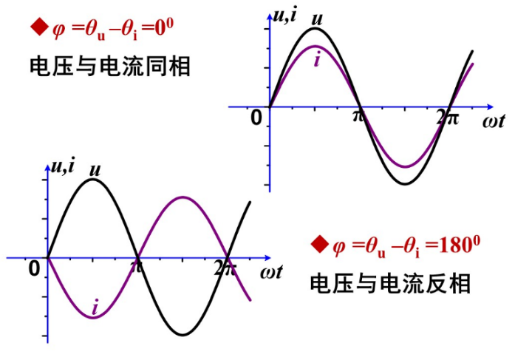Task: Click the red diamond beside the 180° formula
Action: (x=319, y=244)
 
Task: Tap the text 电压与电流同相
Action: (x=110, y=67)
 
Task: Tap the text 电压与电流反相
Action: (x=390, y=283)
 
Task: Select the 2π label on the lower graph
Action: (x=225, y=268)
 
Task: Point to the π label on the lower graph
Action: (x=137, y=267)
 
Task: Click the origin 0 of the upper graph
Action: (x=256, y=118)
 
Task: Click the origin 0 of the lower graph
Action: (x=34, y=269)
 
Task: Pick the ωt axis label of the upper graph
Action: (x=494, y=120)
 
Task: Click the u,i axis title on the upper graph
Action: (x=285, y=14)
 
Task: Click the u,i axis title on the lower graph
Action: (x=62, y=166)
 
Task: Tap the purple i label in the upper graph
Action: (x=317, y=60)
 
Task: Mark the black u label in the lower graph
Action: (x=95, y=169)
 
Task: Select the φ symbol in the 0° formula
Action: (x=59, y=30)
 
